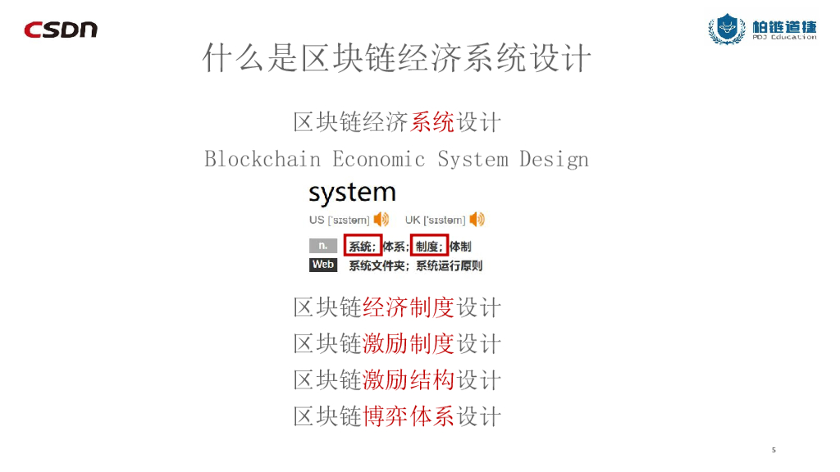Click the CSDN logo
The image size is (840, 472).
click(x=61, y=29)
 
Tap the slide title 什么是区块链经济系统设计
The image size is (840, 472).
click(x=397, y=59)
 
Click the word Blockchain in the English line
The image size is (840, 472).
click(x=262, y=158)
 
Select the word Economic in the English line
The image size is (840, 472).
click(x=379, y=158)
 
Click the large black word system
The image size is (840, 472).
click(x=352, y=193)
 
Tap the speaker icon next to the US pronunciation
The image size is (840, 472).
click(x=381, y=220)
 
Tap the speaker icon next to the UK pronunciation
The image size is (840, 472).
click(x=477, y=220)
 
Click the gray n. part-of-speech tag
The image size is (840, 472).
click(x=323, y=246)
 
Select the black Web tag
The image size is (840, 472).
click(x=323, y=265)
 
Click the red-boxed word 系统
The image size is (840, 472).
click(x=363, y=246)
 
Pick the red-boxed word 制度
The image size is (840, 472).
click(x=428, y=246)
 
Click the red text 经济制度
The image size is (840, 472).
click(x=408, y=307)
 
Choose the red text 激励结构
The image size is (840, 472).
click(x=408, y=379)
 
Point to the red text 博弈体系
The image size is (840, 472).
click(x=408, y=415)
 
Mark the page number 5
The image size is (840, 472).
click(x=774, y=450)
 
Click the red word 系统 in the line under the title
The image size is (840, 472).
click(x=432, y=122)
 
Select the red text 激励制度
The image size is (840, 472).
click(x=408, y=343)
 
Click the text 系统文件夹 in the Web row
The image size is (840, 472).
click(x=378, y=265)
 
